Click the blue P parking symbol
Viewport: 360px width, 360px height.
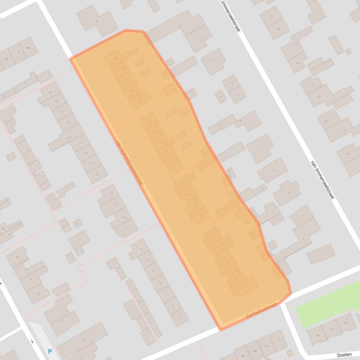coord(50,352)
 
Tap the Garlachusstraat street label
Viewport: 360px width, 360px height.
coord(262,310)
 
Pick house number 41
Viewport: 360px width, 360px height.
coord(50,93)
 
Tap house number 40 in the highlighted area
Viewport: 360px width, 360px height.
coord(116,58)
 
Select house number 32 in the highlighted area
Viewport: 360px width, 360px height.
coord(139,100)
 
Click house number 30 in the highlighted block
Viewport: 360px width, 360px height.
coord(149,121)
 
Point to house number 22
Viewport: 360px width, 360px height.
coord(173,164)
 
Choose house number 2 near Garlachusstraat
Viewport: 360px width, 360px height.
coord(245,287)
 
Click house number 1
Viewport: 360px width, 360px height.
coord(321,254)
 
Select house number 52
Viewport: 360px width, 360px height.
coord(280,340)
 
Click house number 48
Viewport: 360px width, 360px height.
coord(255,351)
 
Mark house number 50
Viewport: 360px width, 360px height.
coord(267,346)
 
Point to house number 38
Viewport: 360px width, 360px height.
coord(123,68)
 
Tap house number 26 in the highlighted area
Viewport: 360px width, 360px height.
coord(162,142)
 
